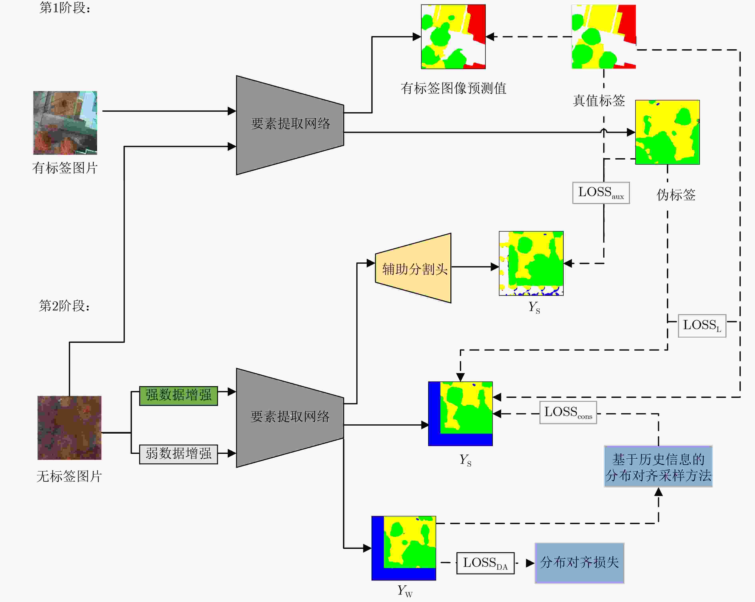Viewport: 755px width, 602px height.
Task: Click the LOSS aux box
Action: click(x=601, y=193)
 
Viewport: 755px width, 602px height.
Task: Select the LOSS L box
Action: click(x=702, y=326)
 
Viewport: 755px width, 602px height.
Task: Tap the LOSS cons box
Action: click(x=568, y=412)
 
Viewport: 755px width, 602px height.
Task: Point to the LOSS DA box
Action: click(x=485, y=563)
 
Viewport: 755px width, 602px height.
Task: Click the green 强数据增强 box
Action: click(x=179, y=396)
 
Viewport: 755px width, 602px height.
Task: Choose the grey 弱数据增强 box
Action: click(x=179, y=454)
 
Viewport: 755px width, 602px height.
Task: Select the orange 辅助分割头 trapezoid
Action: click(x=413, y=268)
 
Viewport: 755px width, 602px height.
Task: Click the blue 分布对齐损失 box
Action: click(x=580, y=563)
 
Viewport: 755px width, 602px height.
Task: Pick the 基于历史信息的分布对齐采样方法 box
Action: click(x=658, y=466)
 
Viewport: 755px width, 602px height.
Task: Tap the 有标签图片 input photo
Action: click(x=65, y=123)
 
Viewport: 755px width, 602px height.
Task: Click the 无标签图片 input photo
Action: click(x=69, y=428)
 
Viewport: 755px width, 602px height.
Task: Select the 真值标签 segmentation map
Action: click(x=604, y=36)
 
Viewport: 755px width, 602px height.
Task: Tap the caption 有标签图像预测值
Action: click(x=453, y=88)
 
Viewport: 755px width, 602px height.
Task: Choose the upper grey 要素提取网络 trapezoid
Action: click(x=290, y=125)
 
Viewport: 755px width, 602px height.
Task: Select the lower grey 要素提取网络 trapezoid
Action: click(x=290, y=418)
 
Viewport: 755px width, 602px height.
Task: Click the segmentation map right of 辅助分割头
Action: click(x=531, y=263)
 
